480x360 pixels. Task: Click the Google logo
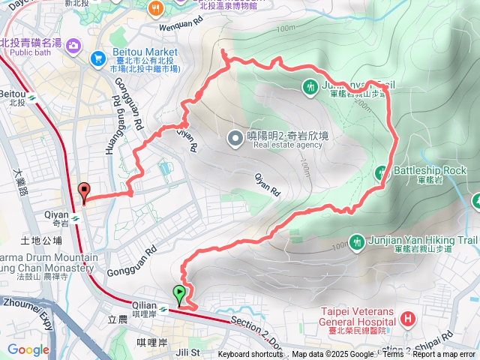tap(28, 349)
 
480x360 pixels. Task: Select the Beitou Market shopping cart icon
tap(97, 58)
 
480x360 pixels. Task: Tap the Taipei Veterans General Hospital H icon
tap(407, 319)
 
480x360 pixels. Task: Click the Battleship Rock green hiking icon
tap(382, 172)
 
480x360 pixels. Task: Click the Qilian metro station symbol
tap(164, 307)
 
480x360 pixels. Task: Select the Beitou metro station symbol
tap(33, 97)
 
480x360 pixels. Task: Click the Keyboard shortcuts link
tap(250, 355)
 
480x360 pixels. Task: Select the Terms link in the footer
tap(393, 355)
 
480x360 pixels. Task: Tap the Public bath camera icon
tap(73, 46)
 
